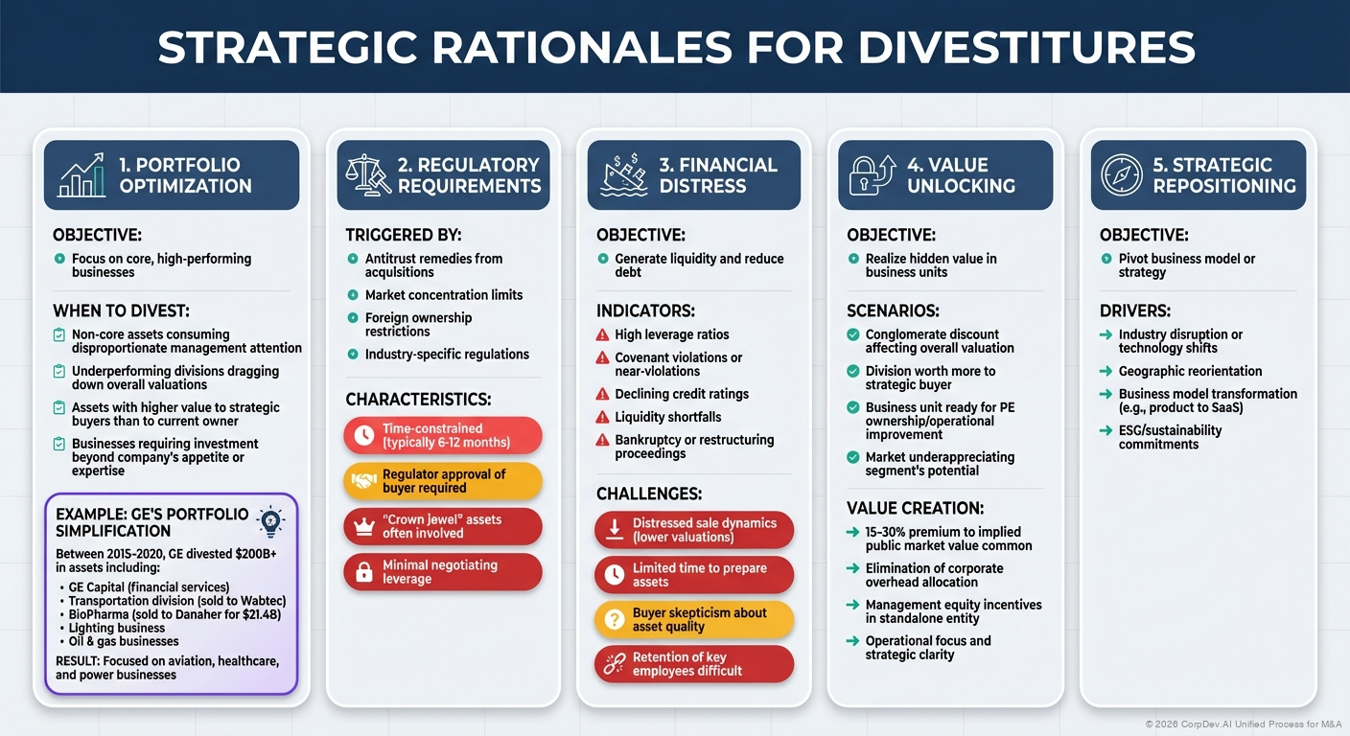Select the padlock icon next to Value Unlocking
tap(873, 175)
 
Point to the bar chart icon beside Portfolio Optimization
tap(82, 176)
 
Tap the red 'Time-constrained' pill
tap(442, 436)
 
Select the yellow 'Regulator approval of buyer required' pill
tap(442, 481)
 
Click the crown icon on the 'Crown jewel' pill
tap(363, 526)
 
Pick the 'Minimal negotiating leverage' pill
tap(442, 572)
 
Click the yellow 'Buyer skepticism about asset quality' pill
tap(694, 620)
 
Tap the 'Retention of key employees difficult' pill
tap(694, 664)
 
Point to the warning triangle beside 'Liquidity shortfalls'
tap(602, 417)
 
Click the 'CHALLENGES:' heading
tap(649, 494)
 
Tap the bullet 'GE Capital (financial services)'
tap(149, 587)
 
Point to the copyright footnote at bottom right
tap(1244, 724)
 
